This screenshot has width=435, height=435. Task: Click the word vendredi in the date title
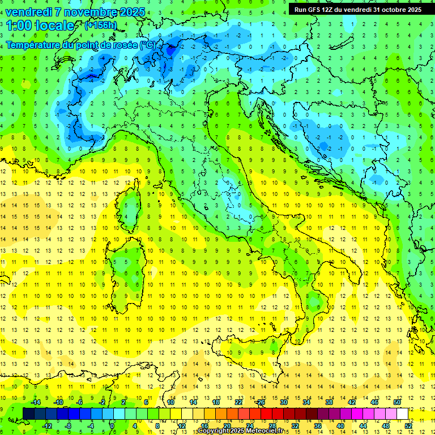29,12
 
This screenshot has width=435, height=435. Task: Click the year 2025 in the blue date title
129,12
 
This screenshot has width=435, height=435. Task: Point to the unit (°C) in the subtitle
146,44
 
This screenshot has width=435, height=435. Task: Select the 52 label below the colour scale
408,425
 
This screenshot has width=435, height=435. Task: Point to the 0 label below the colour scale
112,425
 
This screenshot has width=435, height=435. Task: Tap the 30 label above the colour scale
283,402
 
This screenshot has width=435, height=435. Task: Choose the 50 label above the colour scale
397,402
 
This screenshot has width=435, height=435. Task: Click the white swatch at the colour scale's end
402,414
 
